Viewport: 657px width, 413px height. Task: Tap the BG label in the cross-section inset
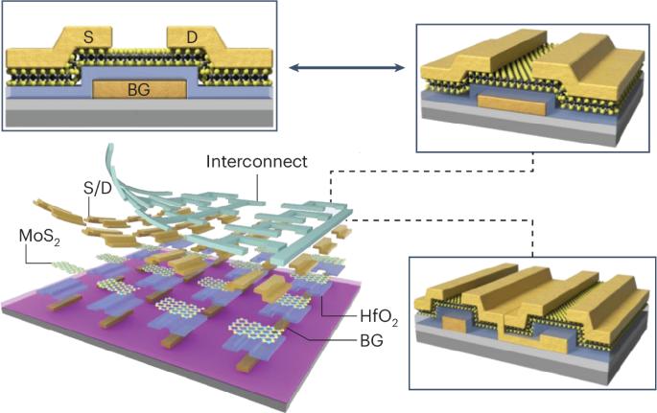tap(139, 91)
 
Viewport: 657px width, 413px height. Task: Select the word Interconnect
tap(256, 161)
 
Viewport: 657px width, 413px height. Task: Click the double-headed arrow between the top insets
tap(347, 67)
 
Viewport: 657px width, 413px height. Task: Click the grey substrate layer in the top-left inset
tap(139, 118)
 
